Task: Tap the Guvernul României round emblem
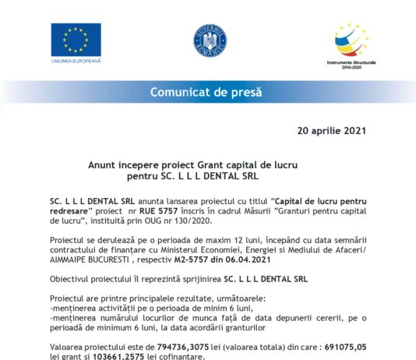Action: point(209,40)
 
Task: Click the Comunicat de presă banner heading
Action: point(207,92)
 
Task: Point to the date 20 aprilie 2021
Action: point(332,130)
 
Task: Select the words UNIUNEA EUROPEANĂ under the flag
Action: point(76,60)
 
